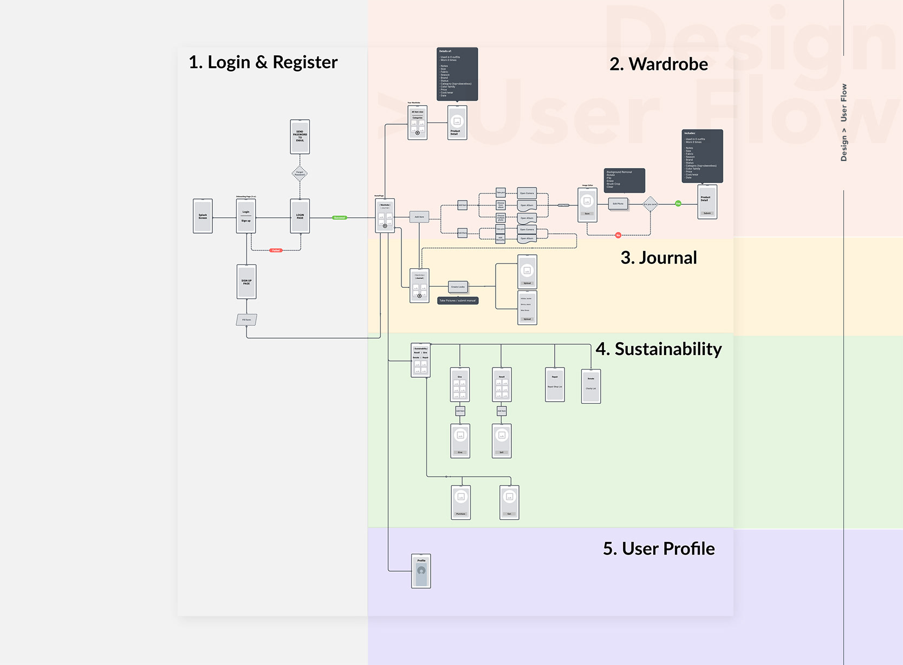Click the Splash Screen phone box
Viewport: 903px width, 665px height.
pos(203,216)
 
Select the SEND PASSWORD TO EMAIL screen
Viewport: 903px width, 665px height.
pos(300,137)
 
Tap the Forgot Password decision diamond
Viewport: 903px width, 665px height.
pos(300,173)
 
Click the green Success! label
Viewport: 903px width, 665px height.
pos(339,218)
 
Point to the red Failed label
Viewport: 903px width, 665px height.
pos(276,250)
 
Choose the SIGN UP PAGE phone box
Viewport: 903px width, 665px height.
pos(246,282)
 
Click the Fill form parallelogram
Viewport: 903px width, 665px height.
pos(246,320)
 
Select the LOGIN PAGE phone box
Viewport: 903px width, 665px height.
pos(300,216)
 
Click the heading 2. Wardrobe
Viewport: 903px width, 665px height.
pos(658,64)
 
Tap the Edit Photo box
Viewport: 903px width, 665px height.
pos(618,204)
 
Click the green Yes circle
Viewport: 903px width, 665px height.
pos(678,204)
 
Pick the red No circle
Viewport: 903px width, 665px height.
pos(618,235)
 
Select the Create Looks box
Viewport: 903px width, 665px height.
pos(458,287)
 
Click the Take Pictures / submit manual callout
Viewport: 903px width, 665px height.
pos(458,300)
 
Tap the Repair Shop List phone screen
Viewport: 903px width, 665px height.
pos(555,385)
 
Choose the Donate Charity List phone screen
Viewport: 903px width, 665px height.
pos(591,386)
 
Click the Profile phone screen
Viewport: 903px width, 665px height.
pos(421,571)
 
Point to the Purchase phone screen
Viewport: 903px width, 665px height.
pos(460,502)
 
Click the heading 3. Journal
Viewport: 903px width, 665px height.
pos(658,258)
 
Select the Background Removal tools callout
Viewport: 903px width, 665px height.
pos(624,180)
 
